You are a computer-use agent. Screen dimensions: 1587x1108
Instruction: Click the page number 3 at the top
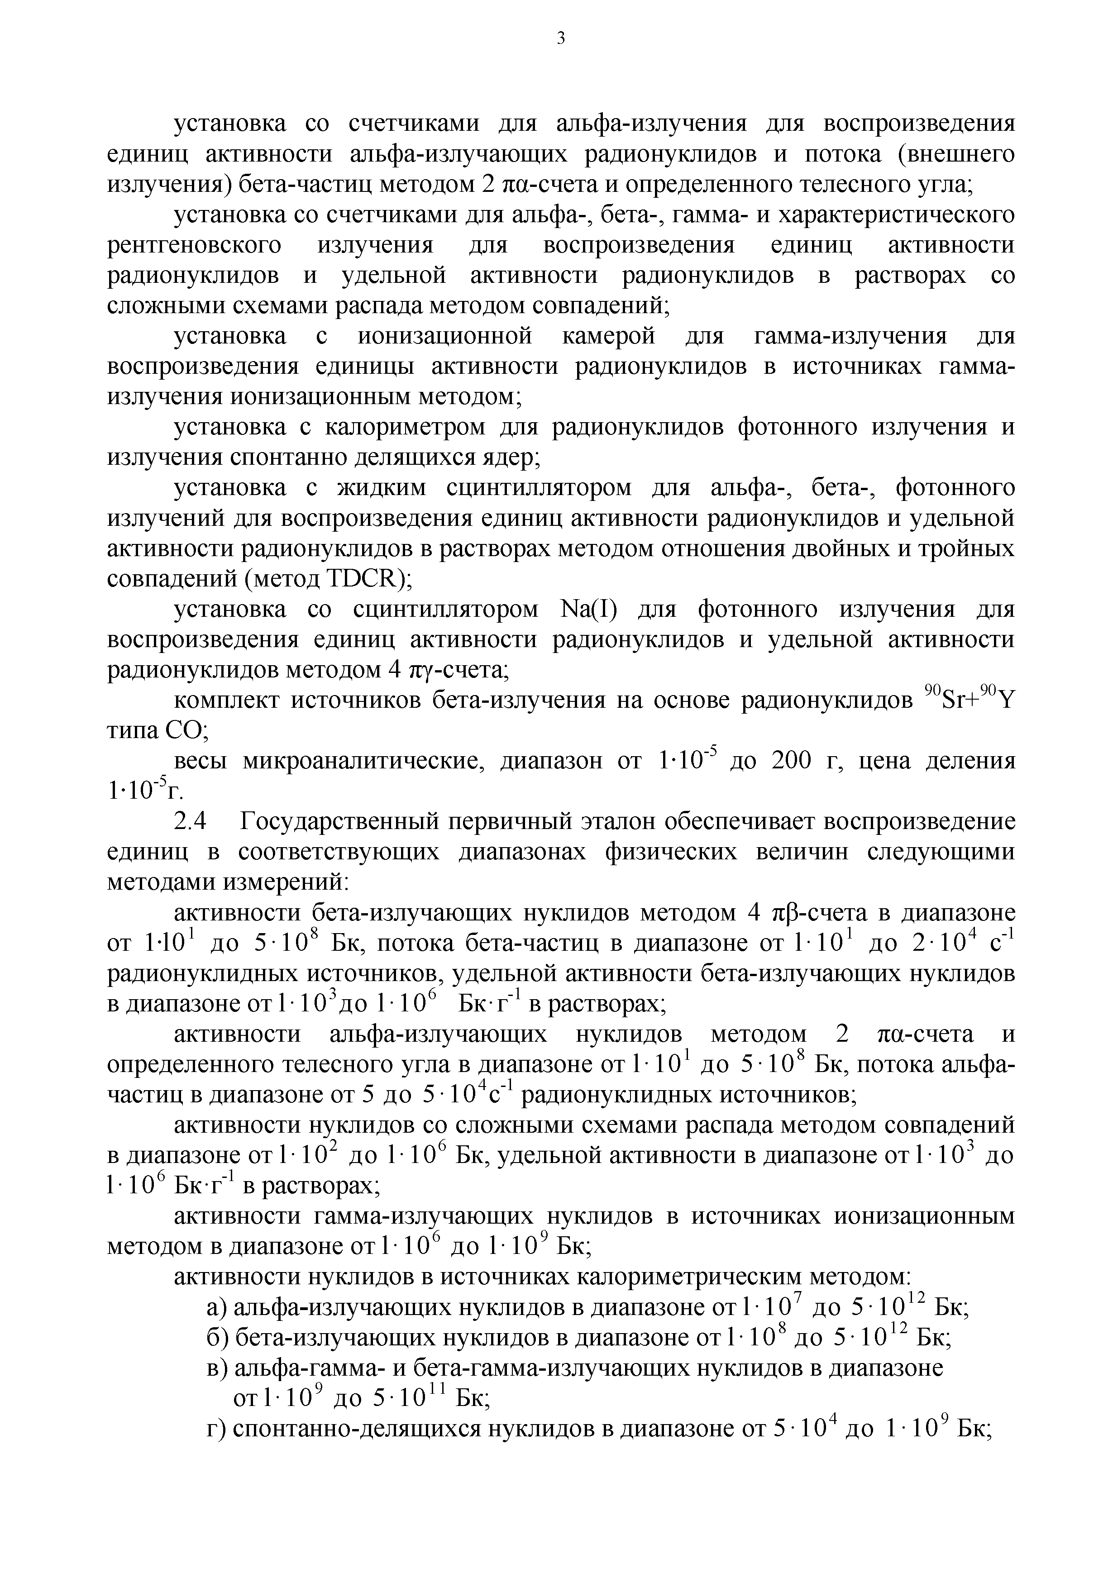pyautogui.click(x=561, y=39)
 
